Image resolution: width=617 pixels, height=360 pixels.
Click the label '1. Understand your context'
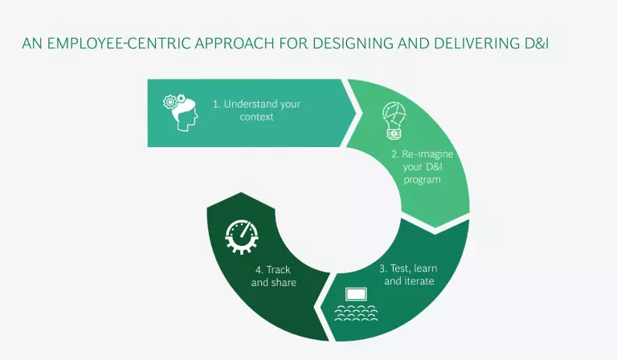pyautogui.click(x=256, y=110)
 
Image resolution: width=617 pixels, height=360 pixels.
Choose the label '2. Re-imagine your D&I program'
pyautogui.click(x=422, y=166)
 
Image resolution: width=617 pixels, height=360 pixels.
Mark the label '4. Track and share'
pyautogui.click(x=273, y=276)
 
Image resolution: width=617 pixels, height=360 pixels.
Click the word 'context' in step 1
pyautogui.click(x=256, y=117)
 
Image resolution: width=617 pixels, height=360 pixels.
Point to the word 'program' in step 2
pyautogui.click(x=422, y=180)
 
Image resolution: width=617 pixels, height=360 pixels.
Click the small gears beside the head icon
pyautogui.click(x=170, y=101)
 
